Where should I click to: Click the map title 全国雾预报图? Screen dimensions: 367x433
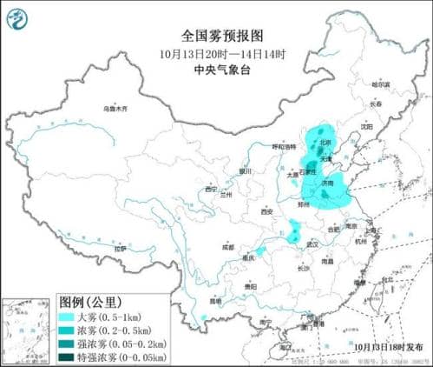point(216,36)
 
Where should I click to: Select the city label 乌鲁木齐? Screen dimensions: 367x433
point(115,109)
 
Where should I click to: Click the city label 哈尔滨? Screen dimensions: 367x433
point(381,85)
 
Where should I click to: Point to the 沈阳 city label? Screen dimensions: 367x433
point(367,127)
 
